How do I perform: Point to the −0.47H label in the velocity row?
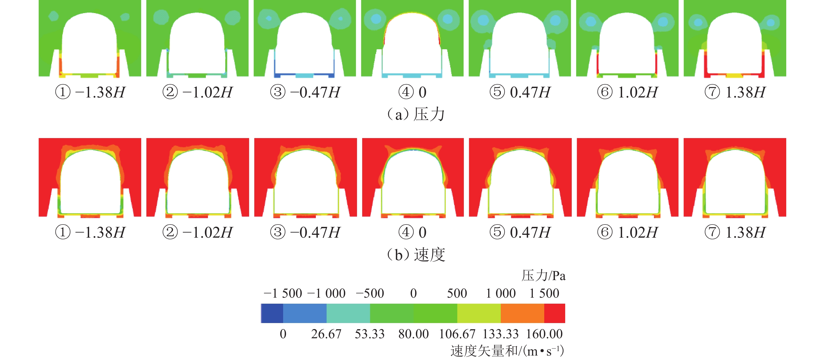(315, 232)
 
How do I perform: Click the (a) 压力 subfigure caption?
(416, 114)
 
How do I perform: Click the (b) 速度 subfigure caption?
(416, 255)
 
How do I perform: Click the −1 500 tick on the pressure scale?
(283, 293)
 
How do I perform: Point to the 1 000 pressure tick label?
(500, 293)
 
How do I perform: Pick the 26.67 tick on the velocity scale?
(326, 334)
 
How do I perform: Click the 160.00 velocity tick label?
(544, 334)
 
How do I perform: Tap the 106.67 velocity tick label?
(457, 334)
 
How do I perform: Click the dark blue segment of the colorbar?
(272, 313)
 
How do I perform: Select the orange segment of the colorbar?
(522, 313)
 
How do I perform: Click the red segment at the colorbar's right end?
(554, 313)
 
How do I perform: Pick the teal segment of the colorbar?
(348, 313)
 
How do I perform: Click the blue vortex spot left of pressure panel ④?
(376, 19)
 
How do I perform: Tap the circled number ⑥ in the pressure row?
(605, 92)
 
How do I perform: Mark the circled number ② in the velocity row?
(170, 232)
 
